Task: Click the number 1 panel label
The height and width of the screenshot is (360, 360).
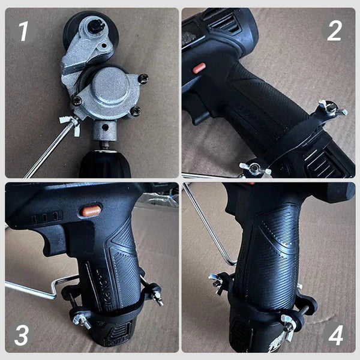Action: pos(24,31)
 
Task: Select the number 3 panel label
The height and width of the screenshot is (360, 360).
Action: pos(22,335)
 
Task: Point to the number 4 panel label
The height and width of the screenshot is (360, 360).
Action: pos(335,335)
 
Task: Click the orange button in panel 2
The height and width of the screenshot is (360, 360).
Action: pos(199,68)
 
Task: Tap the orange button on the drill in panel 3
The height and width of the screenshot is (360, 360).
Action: pos(91,211)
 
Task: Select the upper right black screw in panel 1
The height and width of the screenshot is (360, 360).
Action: pos(143,78)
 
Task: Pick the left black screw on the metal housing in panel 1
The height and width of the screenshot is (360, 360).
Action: pos(77,101)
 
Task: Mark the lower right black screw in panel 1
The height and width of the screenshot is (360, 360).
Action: pos(136,111)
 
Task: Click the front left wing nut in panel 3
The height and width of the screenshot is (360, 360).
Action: pos(82,317)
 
